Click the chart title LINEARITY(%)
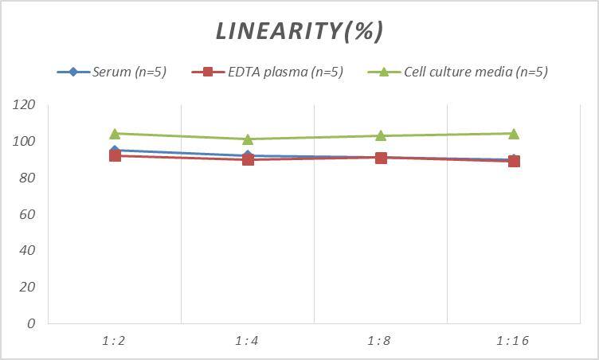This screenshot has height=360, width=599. [299, 31]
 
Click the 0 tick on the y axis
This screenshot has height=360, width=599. [31, 323]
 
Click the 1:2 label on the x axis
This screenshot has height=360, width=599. [114, 341]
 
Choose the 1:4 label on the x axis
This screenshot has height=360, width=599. [247, 341]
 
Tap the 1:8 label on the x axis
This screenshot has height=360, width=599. [380, 341]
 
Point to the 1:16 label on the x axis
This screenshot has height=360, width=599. [513, 341]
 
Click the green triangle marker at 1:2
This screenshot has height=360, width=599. [115, 134]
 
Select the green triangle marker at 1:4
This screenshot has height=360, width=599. [248, 139]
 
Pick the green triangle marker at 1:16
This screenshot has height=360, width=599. [514, 134]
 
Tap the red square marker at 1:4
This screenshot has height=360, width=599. [248, 159]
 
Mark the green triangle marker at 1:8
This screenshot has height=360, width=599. [381, 135]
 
